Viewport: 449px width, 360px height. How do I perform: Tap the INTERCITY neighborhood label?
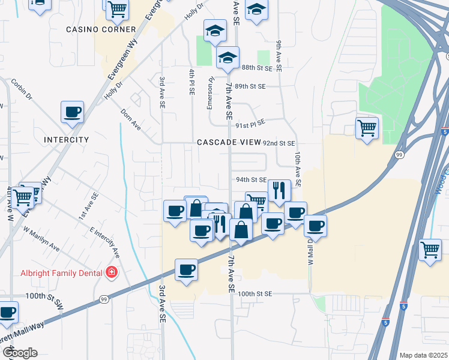tap(67, 140)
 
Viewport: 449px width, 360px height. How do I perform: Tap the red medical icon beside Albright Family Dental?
tap(111, 274)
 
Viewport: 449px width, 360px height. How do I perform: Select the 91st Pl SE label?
tap(250, 125)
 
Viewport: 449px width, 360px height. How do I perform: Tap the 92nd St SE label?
tap(279, 143)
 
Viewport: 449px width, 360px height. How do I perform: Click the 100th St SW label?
tap(44, 296)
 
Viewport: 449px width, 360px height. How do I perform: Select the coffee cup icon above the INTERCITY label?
tap(72, 112)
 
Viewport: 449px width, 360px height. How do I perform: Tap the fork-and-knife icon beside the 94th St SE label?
tap(279, 190)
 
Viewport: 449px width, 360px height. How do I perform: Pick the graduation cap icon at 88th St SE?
tap(228, 58)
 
